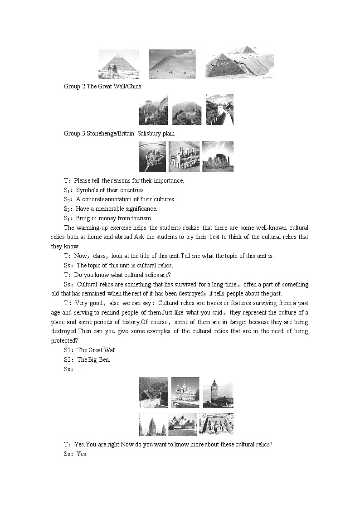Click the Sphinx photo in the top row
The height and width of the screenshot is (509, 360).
pyautogui.click(x=118, y=64)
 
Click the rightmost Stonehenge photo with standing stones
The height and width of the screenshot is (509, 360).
pyautogui.click(x=218, y=157)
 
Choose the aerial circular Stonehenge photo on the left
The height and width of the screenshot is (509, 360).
pyautogui.click(x=152, y=157)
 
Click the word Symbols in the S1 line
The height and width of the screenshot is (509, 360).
pyautogui.click(x=86, y=190)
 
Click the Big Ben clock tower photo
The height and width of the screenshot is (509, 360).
pyautogui.click(x=218, y=393)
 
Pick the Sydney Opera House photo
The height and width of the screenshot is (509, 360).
pyautogui.click(x=182, y=424)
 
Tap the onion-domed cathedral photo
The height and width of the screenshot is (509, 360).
pyautogui.click(x=185, y=393)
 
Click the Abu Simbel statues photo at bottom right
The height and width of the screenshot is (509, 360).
pyautogui.click(x=216, y=424)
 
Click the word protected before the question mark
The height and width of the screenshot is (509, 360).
pyautogui.click(x=63, y=341)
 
